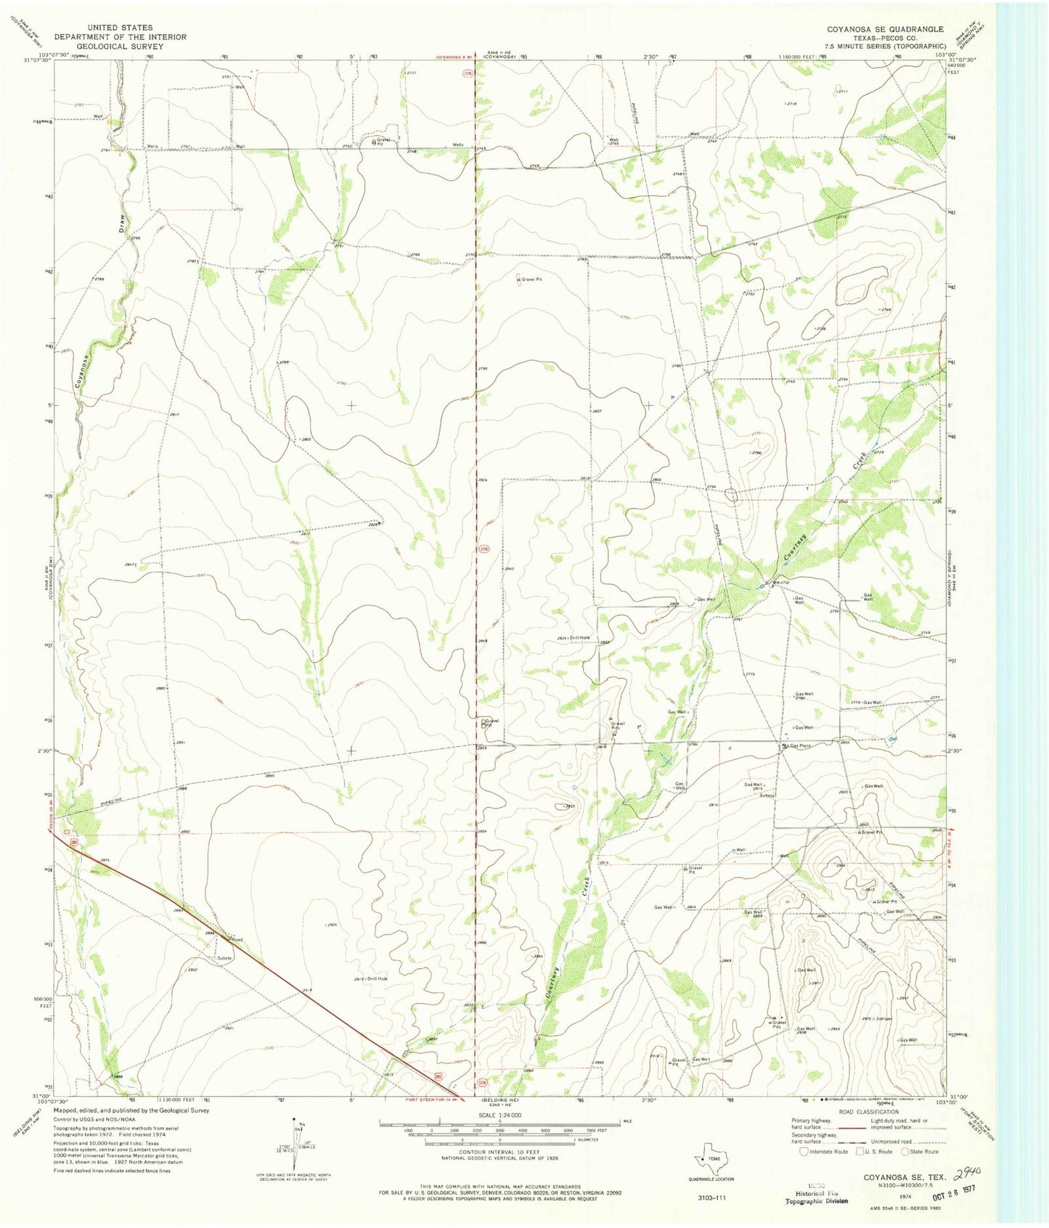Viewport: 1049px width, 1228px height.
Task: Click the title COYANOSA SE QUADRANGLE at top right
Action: (x=885, y=29)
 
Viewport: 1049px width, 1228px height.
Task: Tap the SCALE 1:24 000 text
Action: (x=499, y=1115)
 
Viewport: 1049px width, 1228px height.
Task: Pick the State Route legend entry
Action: (x=920, y=1151)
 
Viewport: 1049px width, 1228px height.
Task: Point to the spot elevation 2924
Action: (x=330, y=925)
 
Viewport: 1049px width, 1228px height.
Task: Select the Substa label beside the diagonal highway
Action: (x=224, y=958)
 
